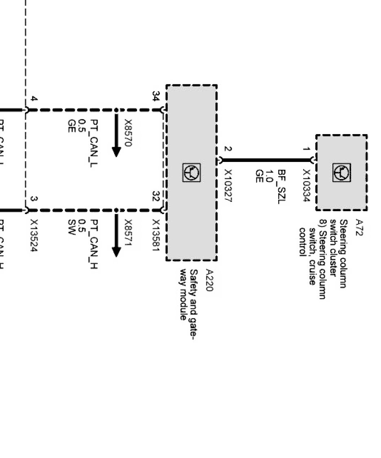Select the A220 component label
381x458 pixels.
pyautogui.click(x=209, y=280)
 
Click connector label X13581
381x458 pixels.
pyautogui.click(x=155, y=235)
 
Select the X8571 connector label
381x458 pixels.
pyautogui.click(x=128, y=234)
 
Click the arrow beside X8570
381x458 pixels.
pyautogui.click(x=116, y=136)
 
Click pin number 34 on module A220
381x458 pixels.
pyautogui.click(x=155, y=96)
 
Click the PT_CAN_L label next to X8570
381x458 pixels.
pyautogui.click(x=94, y=144)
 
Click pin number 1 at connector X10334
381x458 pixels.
pyautogui.click(x=307, y=149)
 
